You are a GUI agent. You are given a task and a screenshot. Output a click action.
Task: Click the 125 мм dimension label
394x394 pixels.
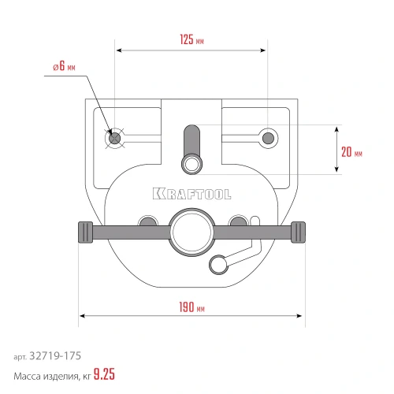(x=191, y=39)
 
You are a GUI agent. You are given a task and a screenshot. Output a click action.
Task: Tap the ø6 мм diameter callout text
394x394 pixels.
(x=64, y=66)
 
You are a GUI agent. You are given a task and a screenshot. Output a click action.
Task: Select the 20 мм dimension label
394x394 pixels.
(x=351, y=152)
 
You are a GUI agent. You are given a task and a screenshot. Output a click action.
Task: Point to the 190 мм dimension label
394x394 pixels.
(x=191, y=307)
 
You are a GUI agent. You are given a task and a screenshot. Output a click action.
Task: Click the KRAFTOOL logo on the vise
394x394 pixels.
(x=192, y=194)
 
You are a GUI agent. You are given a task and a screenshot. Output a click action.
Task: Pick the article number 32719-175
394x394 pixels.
(x=55, y=356)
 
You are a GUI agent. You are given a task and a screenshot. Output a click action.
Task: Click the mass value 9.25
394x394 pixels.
(x=104, y=374)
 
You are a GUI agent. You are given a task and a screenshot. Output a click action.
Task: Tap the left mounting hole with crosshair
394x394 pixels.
(x=114, y=138)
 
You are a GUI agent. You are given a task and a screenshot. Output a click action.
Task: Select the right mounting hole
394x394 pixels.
(x=268, y=138)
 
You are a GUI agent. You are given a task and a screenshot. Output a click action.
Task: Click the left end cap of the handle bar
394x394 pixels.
(x=86, y=232)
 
